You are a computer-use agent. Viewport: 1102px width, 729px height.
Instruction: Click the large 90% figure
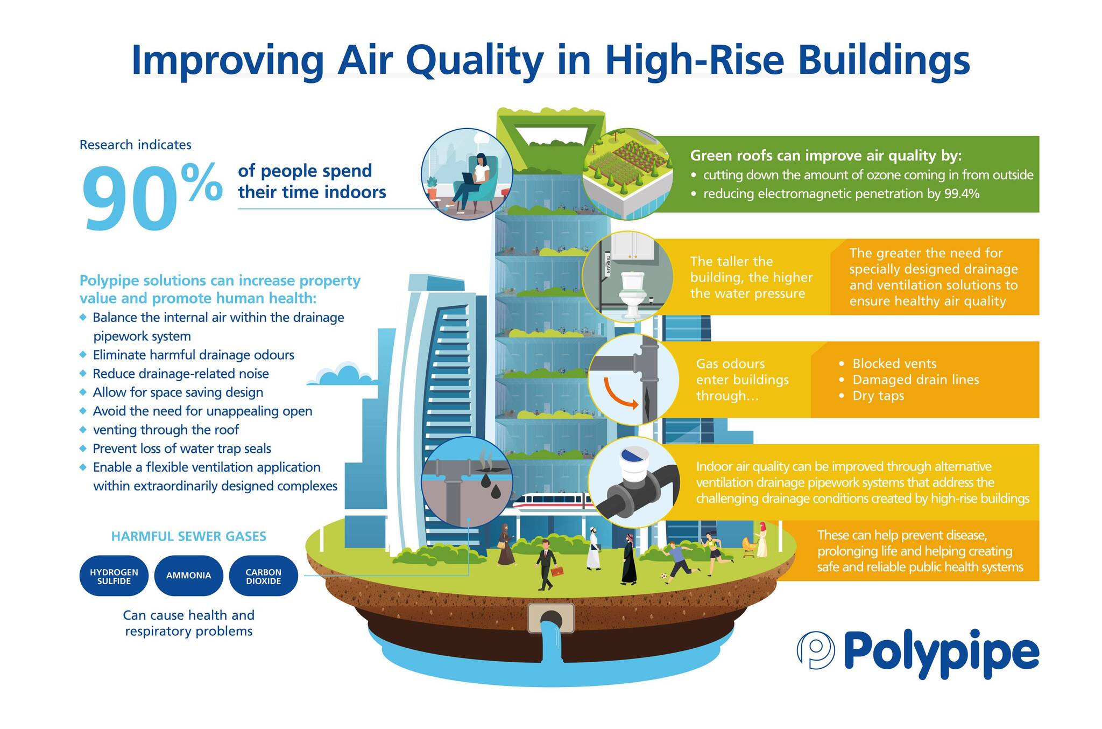pos(152,197)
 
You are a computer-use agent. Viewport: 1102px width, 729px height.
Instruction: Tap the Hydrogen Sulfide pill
pos(114,576)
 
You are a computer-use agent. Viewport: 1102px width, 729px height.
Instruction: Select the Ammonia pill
pos(188,576)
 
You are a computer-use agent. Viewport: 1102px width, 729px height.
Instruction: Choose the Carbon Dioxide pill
pos(263,576)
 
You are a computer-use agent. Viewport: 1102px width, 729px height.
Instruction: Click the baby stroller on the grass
pos(748,547)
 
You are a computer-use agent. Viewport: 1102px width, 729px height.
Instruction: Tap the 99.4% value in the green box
pos(962,194)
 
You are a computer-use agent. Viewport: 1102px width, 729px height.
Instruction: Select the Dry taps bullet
pos(872,396)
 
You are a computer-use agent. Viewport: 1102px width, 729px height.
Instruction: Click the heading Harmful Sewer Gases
pos(188,536)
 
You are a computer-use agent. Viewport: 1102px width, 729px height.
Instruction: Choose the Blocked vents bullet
pos(888,363)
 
